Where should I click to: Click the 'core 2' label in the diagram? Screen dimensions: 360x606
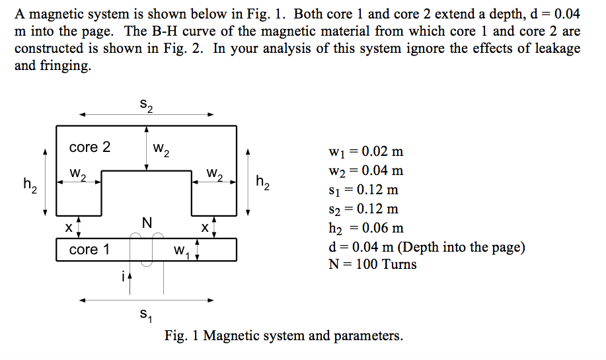tap(90, 147)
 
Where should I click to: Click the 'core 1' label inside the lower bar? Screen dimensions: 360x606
tap(89, 250)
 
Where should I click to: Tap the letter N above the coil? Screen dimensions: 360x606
tap(147, 224)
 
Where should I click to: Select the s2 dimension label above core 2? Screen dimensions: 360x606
tap(146, 105)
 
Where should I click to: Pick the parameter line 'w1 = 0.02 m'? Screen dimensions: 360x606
tap(365, 152)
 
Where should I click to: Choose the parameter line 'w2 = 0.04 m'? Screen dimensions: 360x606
tap(365, 171)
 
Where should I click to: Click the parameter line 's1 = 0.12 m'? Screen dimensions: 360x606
tap(363, 190)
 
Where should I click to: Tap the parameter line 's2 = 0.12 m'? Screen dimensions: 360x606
tap(363, 209)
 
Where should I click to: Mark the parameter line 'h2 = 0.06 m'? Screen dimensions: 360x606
tap(365, 229)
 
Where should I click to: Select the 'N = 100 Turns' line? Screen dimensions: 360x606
tap(372, 265)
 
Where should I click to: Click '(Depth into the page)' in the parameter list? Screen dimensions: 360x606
tap(463, 247)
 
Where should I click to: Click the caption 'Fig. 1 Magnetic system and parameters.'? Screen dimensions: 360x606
tap(284, 336)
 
